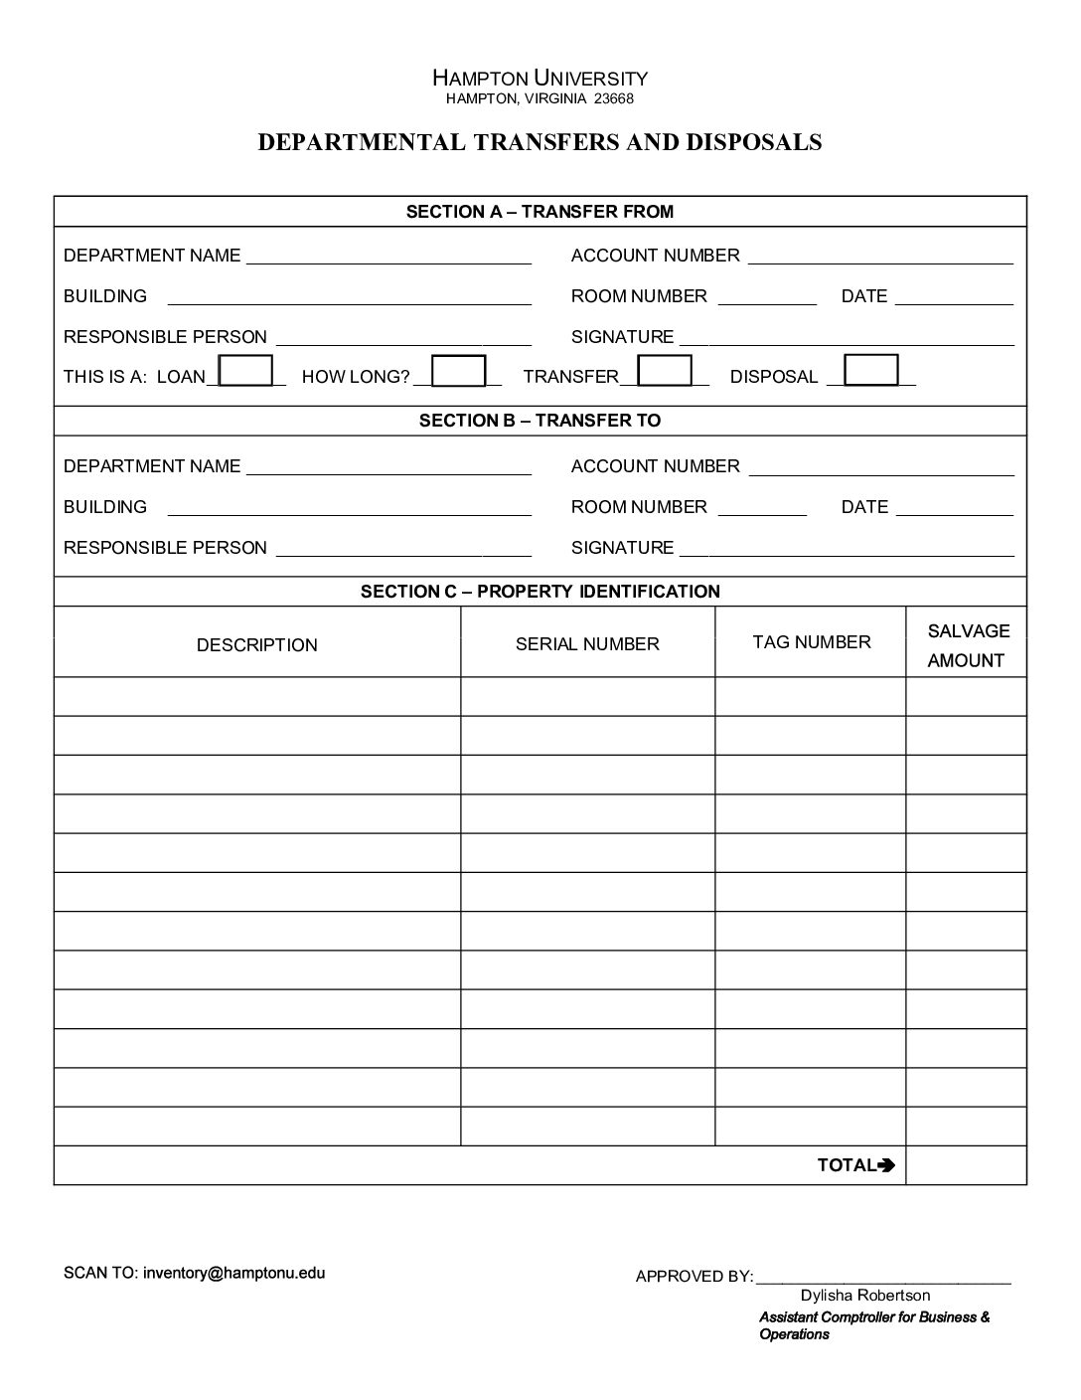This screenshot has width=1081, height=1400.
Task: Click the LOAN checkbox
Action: [x=245, y=371]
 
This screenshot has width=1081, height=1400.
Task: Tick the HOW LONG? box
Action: [x=459, y=371]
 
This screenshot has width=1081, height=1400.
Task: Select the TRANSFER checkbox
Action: [x=665, y=371]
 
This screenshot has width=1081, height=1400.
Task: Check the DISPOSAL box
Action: [x=870, y=370]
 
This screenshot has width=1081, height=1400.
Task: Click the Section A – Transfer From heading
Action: [x=540, y=212]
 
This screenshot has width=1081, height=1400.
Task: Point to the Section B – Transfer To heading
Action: [x=540, y=421]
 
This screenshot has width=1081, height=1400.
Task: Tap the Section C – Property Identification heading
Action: [x=540, y=592]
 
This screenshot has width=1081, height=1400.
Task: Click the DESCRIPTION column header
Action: [x=257, y=645]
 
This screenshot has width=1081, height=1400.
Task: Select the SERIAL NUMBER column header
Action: [x=587, y=644]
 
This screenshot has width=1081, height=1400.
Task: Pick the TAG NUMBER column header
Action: [x=812, y=642]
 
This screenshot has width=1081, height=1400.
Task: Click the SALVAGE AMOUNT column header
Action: [x=967, y=645]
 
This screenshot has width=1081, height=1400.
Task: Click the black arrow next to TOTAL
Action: [x=887, y=1165]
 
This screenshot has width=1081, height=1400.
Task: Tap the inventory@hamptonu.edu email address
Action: [x=233, y=1273]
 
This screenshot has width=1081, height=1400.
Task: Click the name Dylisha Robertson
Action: [x=865, y=1296]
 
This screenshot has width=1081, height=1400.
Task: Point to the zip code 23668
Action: [x=613, y=98]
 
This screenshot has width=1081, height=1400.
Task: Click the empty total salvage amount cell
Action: [x=966, y=1165]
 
